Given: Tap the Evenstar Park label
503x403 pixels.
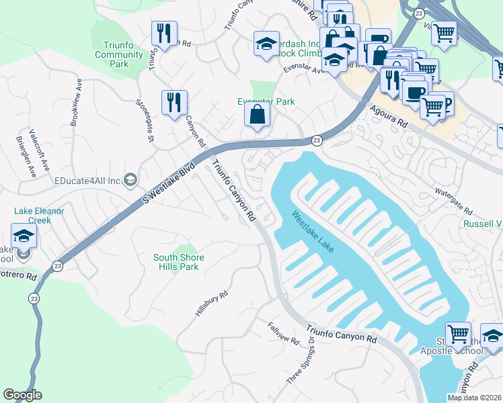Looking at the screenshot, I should pos(266,101).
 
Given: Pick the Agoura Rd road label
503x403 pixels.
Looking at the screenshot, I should pos(388,114).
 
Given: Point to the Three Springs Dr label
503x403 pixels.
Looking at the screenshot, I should pos(301,361).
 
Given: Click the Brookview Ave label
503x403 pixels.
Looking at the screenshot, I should pos(76,102).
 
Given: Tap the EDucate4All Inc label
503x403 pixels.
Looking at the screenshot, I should pos(87,181).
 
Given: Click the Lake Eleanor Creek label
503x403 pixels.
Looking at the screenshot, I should pos(39,215).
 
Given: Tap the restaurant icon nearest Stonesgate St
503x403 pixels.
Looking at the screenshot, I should pos(174,103).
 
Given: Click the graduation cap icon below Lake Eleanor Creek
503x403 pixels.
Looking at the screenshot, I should pos(24,236).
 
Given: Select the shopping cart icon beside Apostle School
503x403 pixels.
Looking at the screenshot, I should pos(458,333).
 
